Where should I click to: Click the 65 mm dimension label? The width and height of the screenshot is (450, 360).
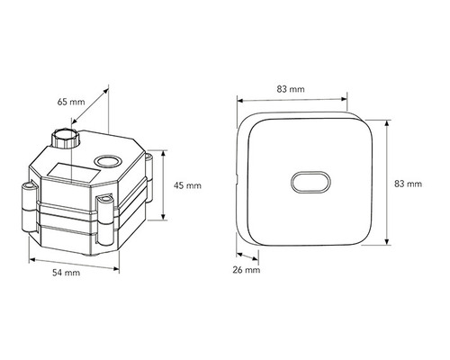click(x=71, y=102)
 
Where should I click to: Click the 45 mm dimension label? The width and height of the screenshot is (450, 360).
click(x=187, y=185)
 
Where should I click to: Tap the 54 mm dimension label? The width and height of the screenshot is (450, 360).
click(x=67, y=273)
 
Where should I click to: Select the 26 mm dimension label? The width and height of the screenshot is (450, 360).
click(x=247, y=270)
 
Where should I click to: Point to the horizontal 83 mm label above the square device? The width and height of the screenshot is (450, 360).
click(x=291, y=89)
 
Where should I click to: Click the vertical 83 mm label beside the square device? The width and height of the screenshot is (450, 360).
click(x=408, y=184)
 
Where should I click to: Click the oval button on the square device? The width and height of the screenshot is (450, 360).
click(x=310, y=182)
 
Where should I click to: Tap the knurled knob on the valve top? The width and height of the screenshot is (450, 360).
click(x=66, y=138)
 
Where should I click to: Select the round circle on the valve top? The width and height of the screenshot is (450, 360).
click(x=107, y=161)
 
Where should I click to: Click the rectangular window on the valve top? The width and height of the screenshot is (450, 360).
click(x=74, y=173)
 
